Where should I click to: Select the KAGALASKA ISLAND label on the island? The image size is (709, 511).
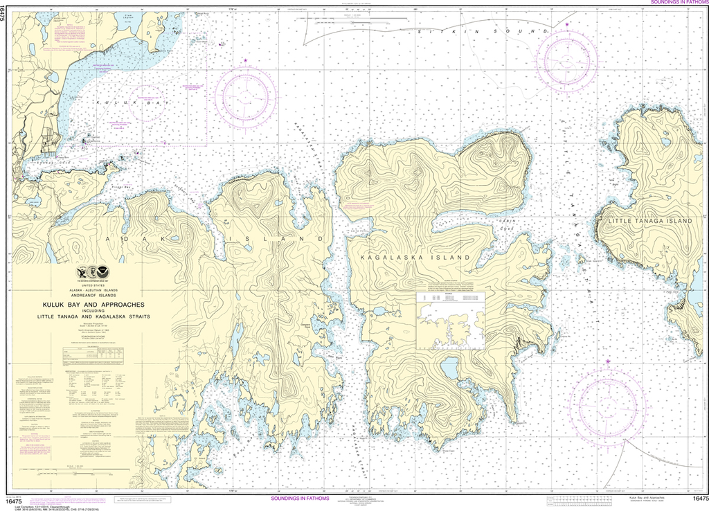(x=415, y=257)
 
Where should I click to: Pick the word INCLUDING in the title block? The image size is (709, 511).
(x=93, y=311)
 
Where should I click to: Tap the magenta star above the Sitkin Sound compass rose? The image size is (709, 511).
(x=568, y=25)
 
